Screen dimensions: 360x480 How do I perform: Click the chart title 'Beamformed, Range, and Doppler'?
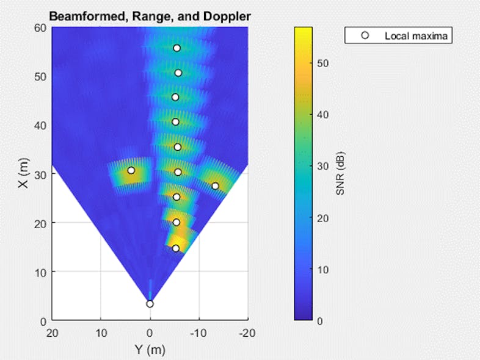coord(150,16)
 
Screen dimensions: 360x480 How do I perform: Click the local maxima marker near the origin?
coord(150,304)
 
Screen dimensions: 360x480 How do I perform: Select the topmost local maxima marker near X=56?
coord(177,48)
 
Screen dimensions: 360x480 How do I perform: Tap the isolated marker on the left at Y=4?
coord(131,170)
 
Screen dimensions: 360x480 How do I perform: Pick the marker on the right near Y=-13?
coord(215,186)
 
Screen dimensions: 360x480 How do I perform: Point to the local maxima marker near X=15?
coord(176,248)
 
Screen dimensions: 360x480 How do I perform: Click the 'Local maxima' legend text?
coord(417,36)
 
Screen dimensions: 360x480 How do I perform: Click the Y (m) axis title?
coord(150,350)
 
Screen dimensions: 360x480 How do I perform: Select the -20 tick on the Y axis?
coord(247,333)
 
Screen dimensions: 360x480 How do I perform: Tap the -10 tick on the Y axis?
coord(198,333)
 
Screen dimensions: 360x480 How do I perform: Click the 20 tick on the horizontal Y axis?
coord(53,333)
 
